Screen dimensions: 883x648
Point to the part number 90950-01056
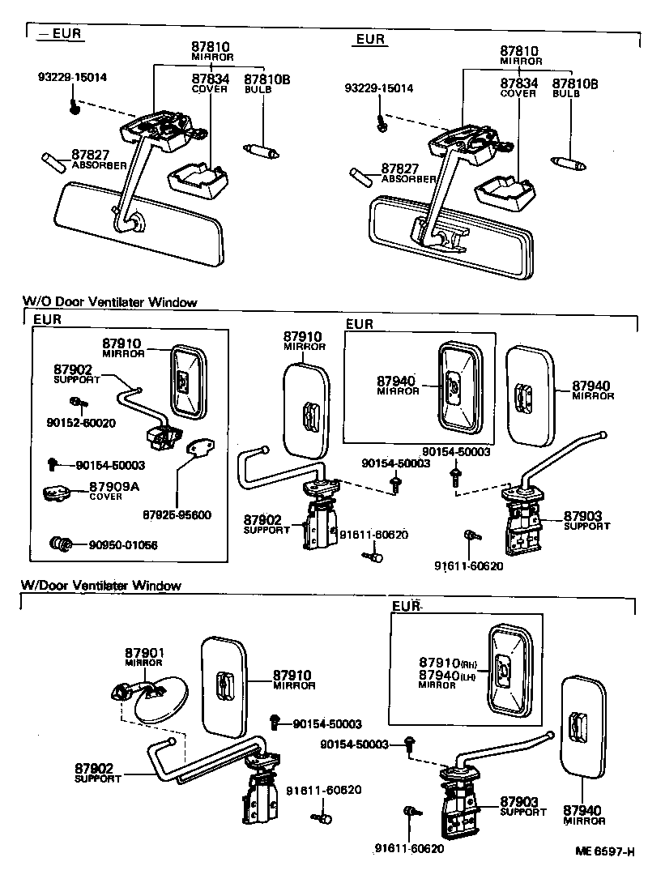point(123,544)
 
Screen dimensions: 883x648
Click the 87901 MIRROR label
point(144,656)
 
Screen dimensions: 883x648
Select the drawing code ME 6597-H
point(603,852)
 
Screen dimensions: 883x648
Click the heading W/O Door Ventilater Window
point(109,302)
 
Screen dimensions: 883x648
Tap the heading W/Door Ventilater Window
point(101,585)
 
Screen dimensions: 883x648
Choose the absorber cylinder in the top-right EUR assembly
point(360,175)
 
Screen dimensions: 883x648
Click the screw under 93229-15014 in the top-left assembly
point(74,105)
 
